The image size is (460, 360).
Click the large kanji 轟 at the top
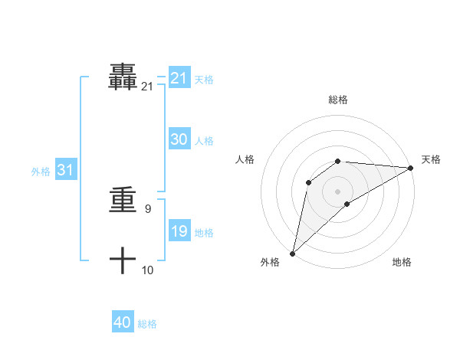point(123,77)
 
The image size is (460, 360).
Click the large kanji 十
point(123,260)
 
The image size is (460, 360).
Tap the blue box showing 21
point(179,78)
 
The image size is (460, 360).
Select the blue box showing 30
point(179,139)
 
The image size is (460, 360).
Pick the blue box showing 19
point(179,231)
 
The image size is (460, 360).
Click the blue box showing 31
point(65,171)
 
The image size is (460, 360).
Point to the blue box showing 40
point(123,322)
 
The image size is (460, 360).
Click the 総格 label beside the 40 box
point(147,324)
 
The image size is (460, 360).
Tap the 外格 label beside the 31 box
point(41,172)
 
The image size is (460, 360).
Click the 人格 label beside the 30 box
point(204,141)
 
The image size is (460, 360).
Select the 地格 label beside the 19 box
point(204,233)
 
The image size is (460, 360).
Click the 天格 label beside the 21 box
point(204,80)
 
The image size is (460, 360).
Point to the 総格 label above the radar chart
point(338,100)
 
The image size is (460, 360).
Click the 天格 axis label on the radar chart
point(431,159)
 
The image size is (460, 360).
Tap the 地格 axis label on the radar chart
point(402,263)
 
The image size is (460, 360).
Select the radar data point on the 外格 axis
point(292,253)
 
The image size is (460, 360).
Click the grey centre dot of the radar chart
point(338,191)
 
